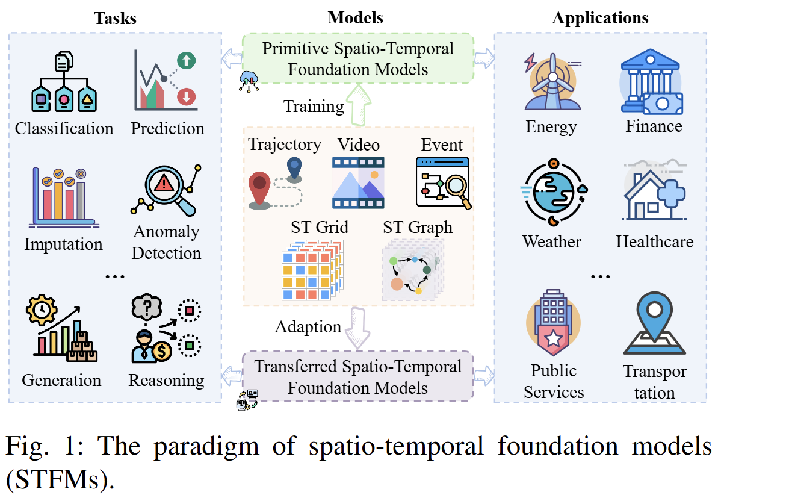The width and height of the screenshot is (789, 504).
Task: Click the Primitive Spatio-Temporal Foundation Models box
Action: pos(357,58)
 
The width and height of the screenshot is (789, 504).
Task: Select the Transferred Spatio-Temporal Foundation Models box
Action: pos(357,376)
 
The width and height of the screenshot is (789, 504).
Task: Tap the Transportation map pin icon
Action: pos(655,323)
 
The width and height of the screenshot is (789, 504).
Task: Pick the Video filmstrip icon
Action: pos(358,182)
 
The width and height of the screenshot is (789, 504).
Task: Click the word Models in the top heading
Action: pos(355,18)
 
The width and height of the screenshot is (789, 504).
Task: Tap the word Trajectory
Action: pos(285,145)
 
